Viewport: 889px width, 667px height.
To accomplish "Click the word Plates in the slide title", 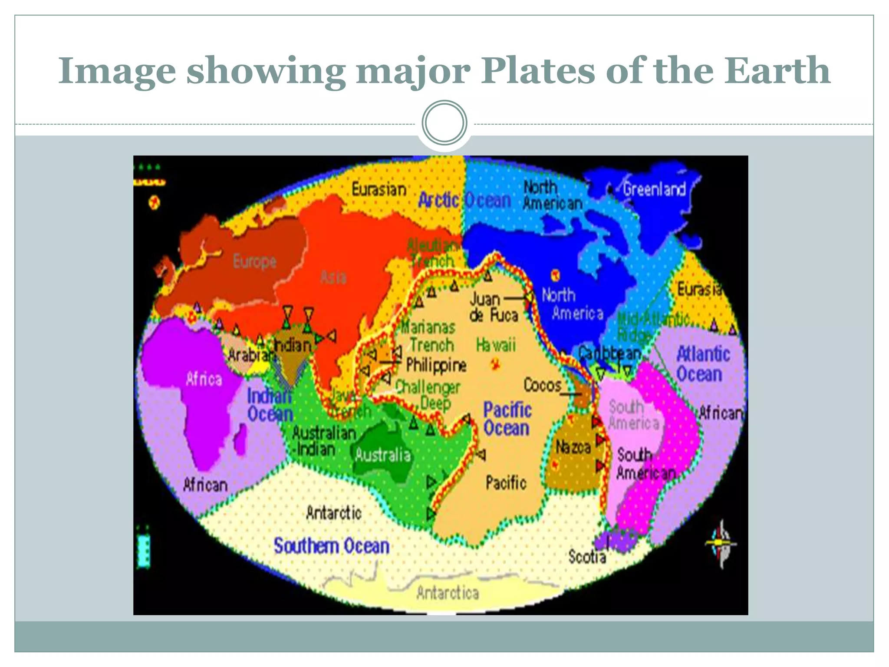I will pos(538,71).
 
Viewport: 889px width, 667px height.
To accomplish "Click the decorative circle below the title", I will pos(444,123).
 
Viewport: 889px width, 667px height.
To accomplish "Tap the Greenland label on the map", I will pos(654,189).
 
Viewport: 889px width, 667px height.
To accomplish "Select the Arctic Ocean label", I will pos(464,200).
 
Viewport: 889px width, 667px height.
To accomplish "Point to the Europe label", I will pos(254,261).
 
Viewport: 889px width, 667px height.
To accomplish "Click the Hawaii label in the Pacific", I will pos(496,345).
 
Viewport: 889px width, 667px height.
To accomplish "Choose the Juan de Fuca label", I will pos(494,307).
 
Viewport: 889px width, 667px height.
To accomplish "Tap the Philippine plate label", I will pos(436,365).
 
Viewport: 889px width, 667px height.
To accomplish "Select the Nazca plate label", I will pos(573,446).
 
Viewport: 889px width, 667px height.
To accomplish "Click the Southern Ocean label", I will pos(331,546).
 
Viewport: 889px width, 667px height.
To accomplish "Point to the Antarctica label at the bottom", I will pos(448,593).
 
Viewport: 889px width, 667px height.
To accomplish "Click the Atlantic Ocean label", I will pos(702,364).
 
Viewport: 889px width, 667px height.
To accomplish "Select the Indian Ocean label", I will pos(270,405).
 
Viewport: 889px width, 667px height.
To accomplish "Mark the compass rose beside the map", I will pos(721,544).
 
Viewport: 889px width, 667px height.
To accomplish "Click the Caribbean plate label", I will pos(610,353).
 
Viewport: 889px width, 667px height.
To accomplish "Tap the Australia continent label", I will pos(382,455).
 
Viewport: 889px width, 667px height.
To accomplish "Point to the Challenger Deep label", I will pos(428,395).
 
